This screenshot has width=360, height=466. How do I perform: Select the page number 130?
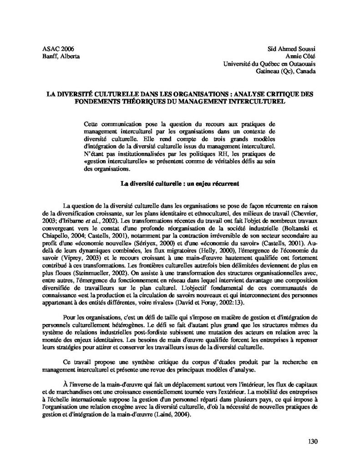pyautogui.click(x=313, y=441)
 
